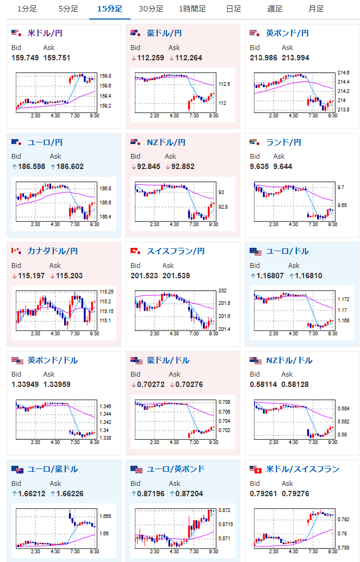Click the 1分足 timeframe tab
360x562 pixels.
27,9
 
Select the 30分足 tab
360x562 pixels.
151,9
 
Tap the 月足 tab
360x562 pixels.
316,9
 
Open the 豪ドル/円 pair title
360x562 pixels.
164,33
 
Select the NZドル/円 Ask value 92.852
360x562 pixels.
179,166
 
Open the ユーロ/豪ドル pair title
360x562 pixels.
53,469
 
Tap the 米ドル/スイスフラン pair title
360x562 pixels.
303,469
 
